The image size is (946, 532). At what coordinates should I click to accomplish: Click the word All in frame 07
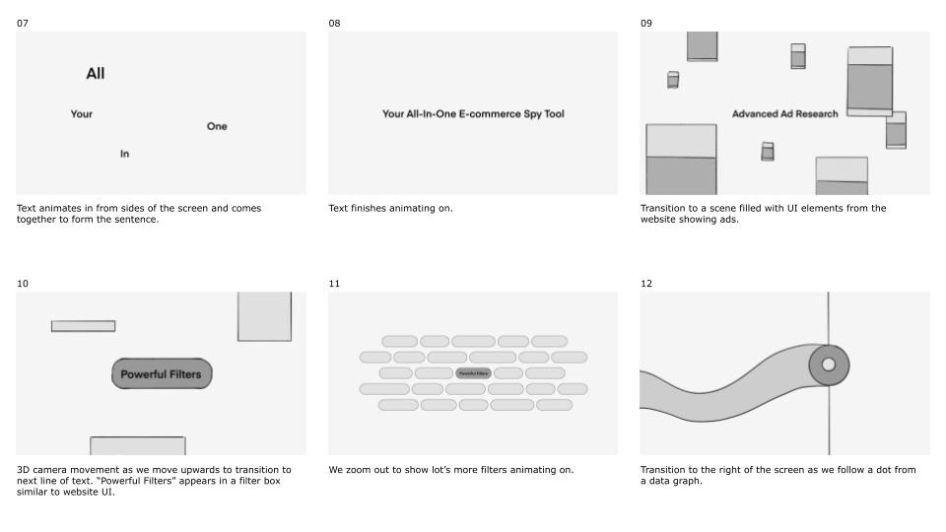(96, 74)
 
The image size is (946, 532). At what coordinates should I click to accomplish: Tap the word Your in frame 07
(82, 114)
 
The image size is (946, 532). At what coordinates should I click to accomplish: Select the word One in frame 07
(217, 126)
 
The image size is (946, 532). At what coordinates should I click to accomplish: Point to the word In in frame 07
(125, 154)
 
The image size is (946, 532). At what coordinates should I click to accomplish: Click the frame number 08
(334, 23)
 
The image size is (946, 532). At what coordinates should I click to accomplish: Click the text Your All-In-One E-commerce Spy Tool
(473, 114)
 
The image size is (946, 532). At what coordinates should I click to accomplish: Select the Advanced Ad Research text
(784, 114)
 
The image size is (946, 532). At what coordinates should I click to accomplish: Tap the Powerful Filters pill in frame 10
(162, 374)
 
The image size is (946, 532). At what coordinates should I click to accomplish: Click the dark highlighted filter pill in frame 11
(473, 373)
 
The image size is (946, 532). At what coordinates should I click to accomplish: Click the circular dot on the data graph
(829, 366)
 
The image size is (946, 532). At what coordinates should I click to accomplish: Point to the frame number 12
(646, 284)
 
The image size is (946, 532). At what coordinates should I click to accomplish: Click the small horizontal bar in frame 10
(83, 326)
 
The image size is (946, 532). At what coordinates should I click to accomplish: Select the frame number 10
(23, 284)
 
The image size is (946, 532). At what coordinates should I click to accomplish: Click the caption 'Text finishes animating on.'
(390, 209)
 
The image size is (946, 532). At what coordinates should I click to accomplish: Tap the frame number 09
(646, 23)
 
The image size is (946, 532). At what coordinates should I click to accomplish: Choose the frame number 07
(23, 23)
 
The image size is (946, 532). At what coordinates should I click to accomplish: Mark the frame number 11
(334, 284)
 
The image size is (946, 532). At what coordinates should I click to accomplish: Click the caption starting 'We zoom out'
(450, 470)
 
